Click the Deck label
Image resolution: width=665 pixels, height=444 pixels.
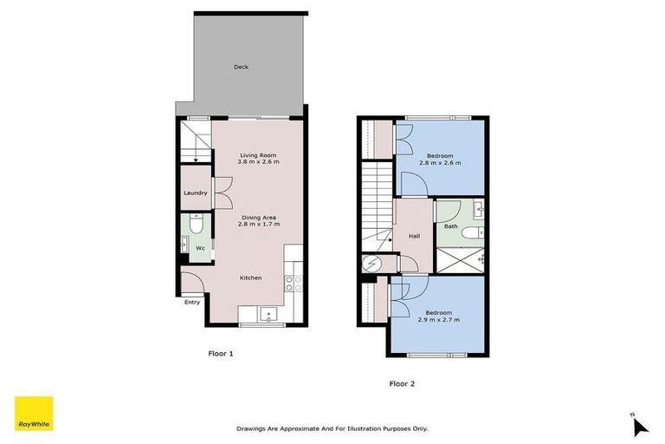pos(242,67)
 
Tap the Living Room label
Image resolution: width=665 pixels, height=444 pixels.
pos(258,155)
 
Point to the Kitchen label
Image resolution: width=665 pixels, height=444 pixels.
pos(251,277)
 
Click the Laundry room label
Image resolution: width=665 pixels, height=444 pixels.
pos(195,193)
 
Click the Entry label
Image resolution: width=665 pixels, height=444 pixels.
pos(192,302)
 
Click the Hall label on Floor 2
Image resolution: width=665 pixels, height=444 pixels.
pos(415,235)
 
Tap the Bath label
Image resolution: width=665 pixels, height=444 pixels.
pos(450,227)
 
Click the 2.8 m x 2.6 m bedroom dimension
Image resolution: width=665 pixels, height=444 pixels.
pos(441,163)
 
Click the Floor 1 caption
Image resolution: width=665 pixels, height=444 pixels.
pos(221,353)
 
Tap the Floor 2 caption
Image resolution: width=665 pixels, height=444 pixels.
pos(402,382)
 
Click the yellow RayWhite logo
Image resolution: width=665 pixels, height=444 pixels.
pos(34,414)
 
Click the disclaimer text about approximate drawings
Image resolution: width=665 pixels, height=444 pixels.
pos(332,428)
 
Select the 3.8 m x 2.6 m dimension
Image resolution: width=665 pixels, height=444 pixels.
pos(259,162)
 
